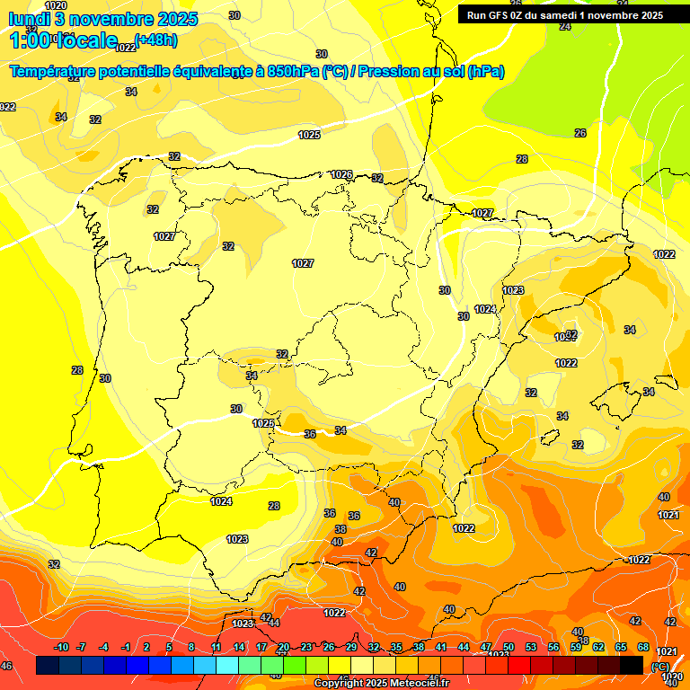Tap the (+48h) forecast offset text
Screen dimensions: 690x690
[x=155, y=40]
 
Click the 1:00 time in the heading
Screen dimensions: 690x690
[x=30, y=40]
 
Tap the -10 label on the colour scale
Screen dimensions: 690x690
[x=60, y=648]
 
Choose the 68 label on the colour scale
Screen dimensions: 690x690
[x=643, y=648]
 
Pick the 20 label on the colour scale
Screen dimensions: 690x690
[x=284, y=648]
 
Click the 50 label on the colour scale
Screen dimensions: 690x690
[x=509, y=648]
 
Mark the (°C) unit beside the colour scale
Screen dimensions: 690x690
[x=660, y=667]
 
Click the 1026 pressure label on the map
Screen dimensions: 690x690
[x=341, y=174]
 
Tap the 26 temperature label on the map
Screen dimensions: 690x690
[x=580, y=133]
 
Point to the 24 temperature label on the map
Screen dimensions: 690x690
[x=565, y=26]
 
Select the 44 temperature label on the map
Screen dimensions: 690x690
[x=274, y=622]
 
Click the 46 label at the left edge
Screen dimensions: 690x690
[x=6, y=666]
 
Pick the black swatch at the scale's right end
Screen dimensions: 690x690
[x=632, y=666]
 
